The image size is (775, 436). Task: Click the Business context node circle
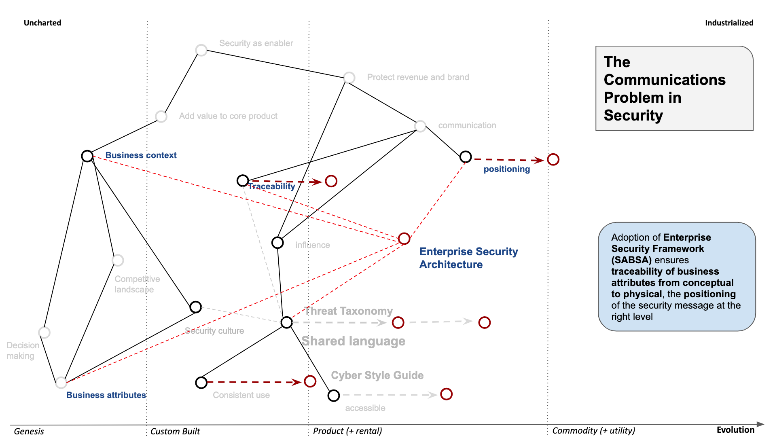point(87,156)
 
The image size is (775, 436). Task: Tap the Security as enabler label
point(256,43)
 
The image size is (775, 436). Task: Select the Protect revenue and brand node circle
point(349,77)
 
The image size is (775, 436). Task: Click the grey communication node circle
point(420,126)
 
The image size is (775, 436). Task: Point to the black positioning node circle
point(466,157)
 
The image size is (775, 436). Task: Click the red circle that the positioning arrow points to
point(553,159)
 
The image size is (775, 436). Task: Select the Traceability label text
point(271,186)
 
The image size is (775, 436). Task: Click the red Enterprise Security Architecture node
point(404,239)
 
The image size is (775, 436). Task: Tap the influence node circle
point(277,242)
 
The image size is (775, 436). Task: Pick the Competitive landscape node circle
point(118,260)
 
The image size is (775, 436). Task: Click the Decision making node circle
point(44,332)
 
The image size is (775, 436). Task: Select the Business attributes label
point(106,395)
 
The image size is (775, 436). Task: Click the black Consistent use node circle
point(201,382)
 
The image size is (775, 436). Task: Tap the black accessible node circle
point(334,396)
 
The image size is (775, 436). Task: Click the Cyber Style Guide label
point(377,375)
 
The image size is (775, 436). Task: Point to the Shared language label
point(354,341)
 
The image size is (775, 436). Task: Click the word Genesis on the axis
point(29,431)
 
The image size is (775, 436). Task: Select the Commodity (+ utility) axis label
point(593,431)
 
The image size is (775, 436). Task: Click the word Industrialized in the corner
point(729,23)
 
